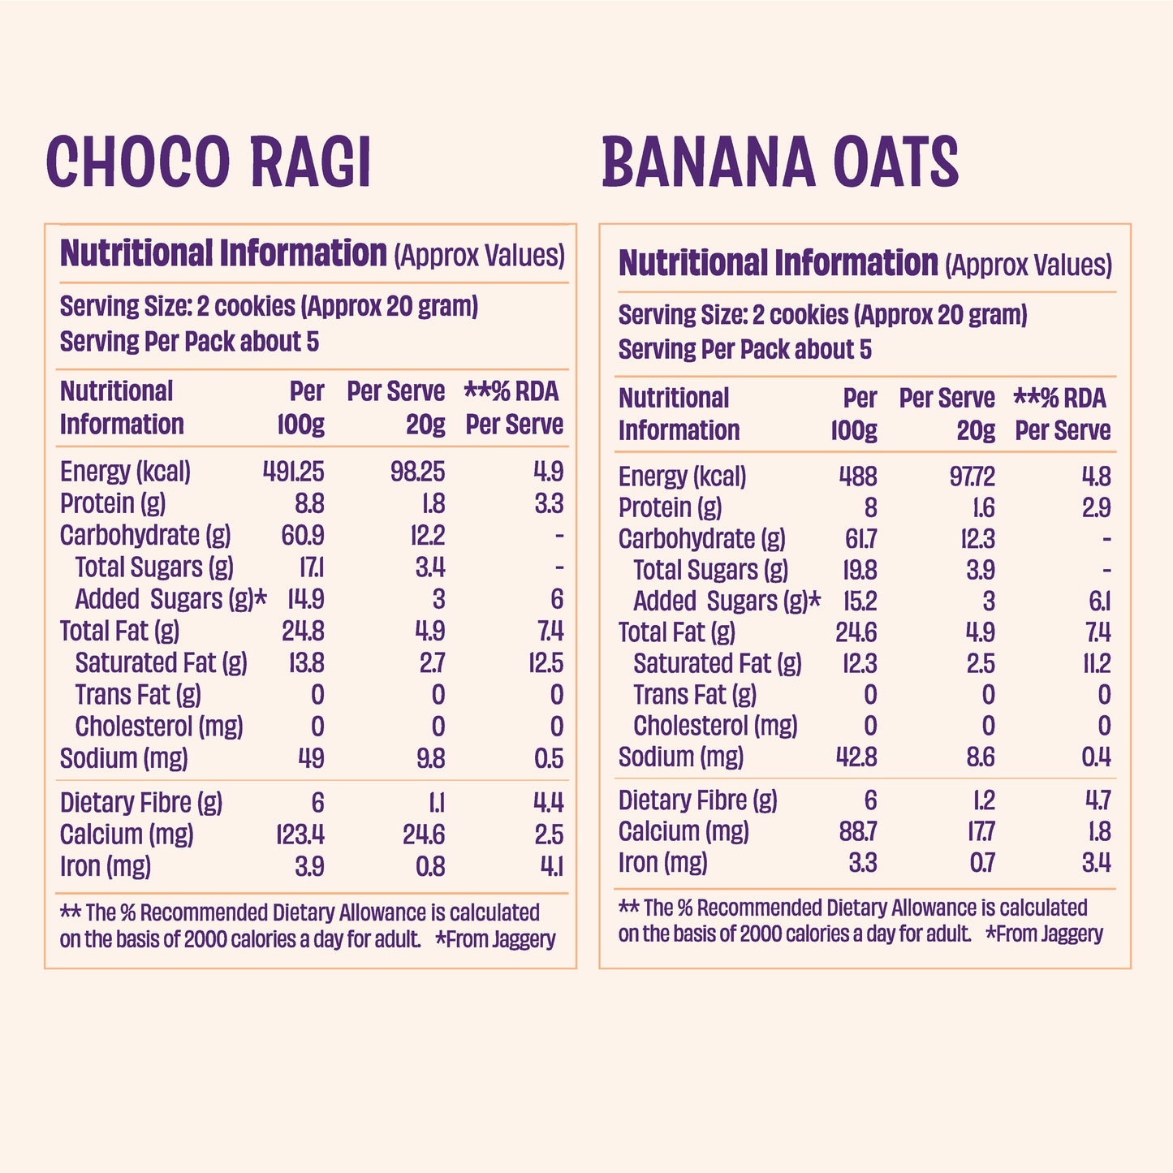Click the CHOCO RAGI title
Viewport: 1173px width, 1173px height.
209,162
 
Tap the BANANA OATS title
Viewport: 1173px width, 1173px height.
780,162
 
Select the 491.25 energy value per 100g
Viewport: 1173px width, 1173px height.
293,472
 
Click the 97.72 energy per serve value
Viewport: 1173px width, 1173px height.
972,477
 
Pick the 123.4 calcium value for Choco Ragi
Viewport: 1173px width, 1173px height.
300,834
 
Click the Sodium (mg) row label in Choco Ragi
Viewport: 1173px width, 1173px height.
124,758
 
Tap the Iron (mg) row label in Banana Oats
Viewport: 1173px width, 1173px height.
662,862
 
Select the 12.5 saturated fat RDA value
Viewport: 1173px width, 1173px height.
546,663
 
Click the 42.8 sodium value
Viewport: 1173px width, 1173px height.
856,757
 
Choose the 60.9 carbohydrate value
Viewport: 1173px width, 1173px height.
303,536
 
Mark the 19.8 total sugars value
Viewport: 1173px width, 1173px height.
859,570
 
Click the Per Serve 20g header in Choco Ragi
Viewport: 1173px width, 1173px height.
396,408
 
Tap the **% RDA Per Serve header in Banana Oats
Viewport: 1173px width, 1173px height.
1062,414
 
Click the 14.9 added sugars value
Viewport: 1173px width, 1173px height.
305,599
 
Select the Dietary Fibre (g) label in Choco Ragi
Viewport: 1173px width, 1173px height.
141,803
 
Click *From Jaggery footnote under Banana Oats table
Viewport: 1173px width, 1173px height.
1044,934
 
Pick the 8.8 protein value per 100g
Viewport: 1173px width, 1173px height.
308,504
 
